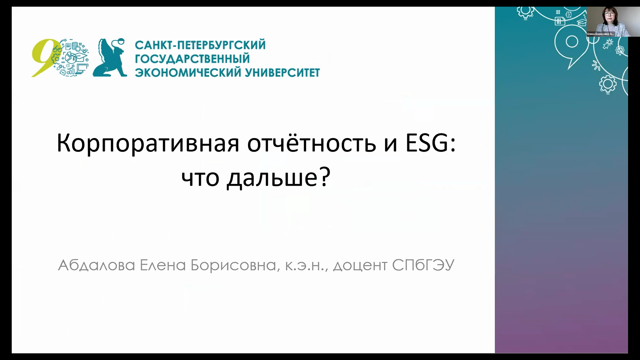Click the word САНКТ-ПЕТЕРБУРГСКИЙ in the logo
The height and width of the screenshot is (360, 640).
(x=200, y=45)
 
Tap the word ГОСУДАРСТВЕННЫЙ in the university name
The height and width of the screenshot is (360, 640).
(x=192, y=59)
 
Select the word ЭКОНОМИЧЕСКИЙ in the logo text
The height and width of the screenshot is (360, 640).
(x=188, y=73)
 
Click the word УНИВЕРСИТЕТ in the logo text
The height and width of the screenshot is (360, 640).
(x=282, y=73)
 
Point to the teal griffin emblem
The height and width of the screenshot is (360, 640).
(x=110, y=57)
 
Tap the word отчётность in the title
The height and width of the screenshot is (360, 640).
(x=312, y=143)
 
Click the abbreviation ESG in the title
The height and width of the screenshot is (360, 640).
(x=427, y=143)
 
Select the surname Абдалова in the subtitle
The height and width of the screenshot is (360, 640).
(x=96, y=265)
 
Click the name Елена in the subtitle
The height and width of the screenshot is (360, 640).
(x=163, y=265)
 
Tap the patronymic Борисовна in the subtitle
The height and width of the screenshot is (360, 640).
(x=233, y=266)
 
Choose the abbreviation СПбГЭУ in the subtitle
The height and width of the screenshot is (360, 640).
(x=423, y=265)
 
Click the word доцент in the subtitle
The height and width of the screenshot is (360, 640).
(x=360, y=266)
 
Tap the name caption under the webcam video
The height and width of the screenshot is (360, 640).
(x=601, y=34)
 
